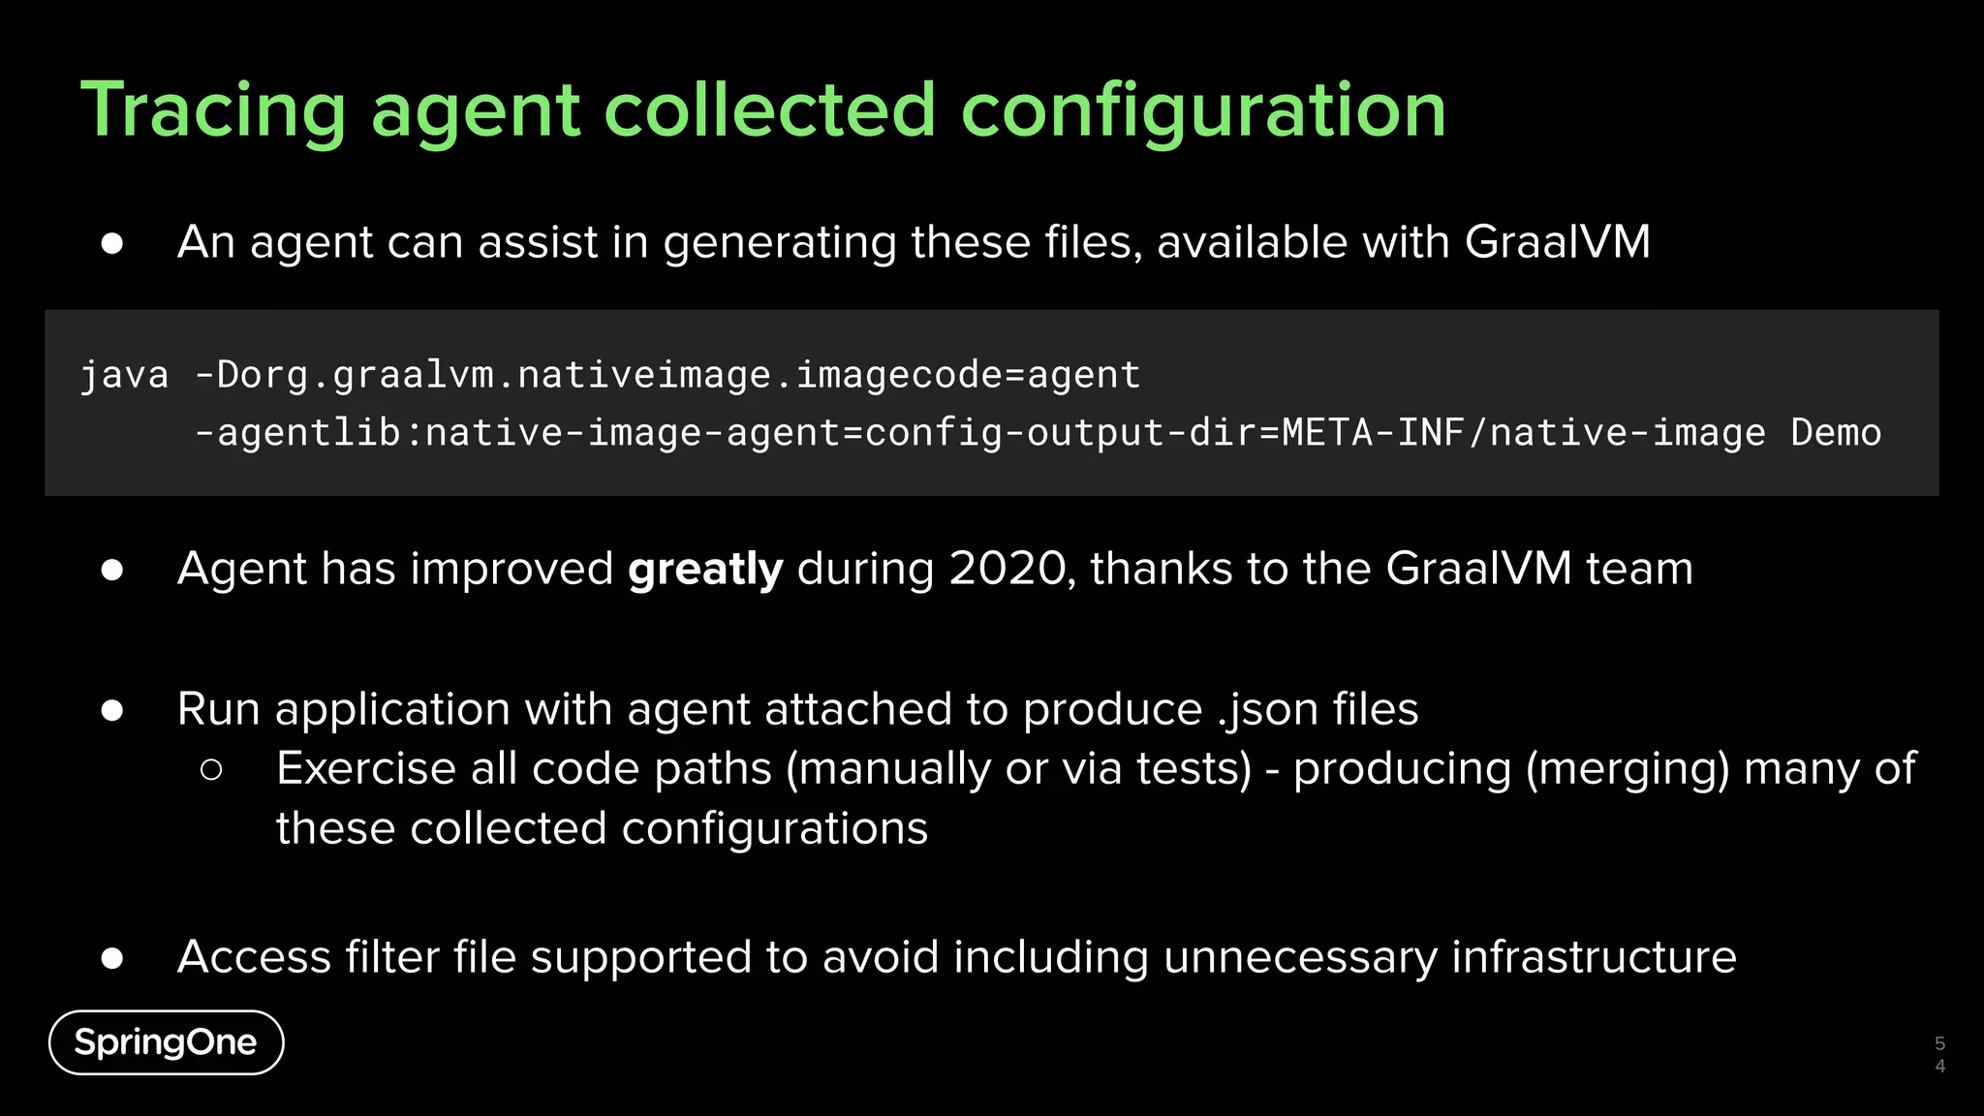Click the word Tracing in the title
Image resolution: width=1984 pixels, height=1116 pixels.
pyautogui.click(x=213, y=111)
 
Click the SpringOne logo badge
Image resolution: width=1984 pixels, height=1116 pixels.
pyautogui.click(x=166, y=1042)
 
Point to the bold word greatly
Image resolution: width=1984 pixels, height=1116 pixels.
pyautogui.click(x=705, y=570)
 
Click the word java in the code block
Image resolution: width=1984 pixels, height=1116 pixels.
pyautogui.click(x=124, y=375)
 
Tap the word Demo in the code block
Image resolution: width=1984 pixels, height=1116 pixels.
pyautogui.click(x=1836, y=433)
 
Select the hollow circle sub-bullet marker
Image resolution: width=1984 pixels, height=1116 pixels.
pyautogui.click(x=211, y=770)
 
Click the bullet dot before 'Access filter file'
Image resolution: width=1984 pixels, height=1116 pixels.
pyautogui.click(x=112, y=958)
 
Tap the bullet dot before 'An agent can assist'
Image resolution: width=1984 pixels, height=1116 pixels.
pyautogui.click(x=112, y=243)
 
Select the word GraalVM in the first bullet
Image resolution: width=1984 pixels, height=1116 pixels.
pyautogui.click(x=1557, y=242)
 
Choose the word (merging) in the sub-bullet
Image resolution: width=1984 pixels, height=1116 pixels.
pyautogui.click(x=1627, y=769)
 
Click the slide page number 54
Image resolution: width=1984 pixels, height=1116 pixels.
pyautogui.click(x=1939, y=1055)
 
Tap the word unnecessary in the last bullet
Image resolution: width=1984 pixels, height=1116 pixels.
pyautogui.click(x=1300, y=957)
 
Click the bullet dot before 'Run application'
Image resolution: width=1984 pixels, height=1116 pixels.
pyautogui.click(x=112, y=711)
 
